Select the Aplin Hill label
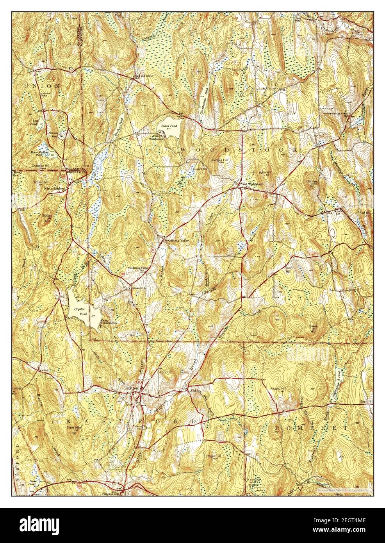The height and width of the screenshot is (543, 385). click(x=262, y=172)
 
